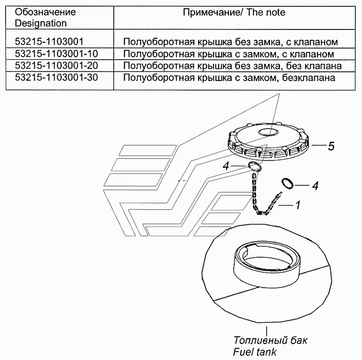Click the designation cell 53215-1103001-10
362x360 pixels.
tap(56, 54)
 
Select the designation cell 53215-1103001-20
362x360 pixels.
tap(56, 66)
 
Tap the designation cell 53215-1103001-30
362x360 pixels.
tap(56, 77)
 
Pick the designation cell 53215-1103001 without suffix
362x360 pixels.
tap(49, 41)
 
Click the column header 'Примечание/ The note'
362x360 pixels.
tap(234, 12)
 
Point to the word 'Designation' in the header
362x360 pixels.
tap(41, 23)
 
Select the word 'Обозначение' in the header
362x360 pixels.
tap(46, 12)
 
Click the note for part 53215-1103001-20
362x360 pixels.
tap(232, 66)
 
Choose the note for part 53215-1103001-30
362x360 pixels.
tap(229, 77)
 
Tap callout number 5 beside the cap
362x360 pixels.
tap(331, 146)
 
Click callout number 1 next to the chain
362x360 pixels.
tap(298, 205)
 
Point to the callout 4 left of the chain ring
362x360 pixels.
tap(226, 166)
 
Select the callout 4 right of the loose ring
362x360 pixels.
tap(315, 185)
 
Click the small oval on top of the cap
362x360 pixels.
tap(268, 132)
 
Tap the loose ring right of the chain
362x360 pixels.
tap(288, 184)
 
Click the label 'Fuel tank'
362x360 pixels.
tap(254, 352)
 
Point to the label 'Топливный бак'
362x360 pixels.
tap(270, 340)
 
